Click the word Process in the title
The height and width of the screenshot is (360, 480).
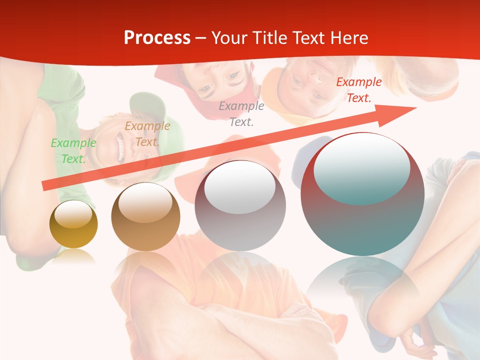(157, 37)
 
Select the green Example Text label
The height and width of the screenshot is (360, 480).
(73, 151)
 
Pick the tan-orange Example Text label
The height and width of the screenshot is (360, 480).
(147, 134)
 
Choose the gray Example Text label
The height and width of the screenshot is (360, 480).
(241, 114)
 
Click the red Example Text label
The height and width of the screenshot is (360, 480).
(358, 90)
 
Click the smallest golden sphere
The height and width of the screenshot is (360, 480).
(73, 224)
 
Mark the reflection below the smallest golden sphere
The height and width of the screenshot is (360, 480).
(73, 256)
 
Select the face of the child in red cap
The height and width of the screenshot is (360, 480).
(220, 80)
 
